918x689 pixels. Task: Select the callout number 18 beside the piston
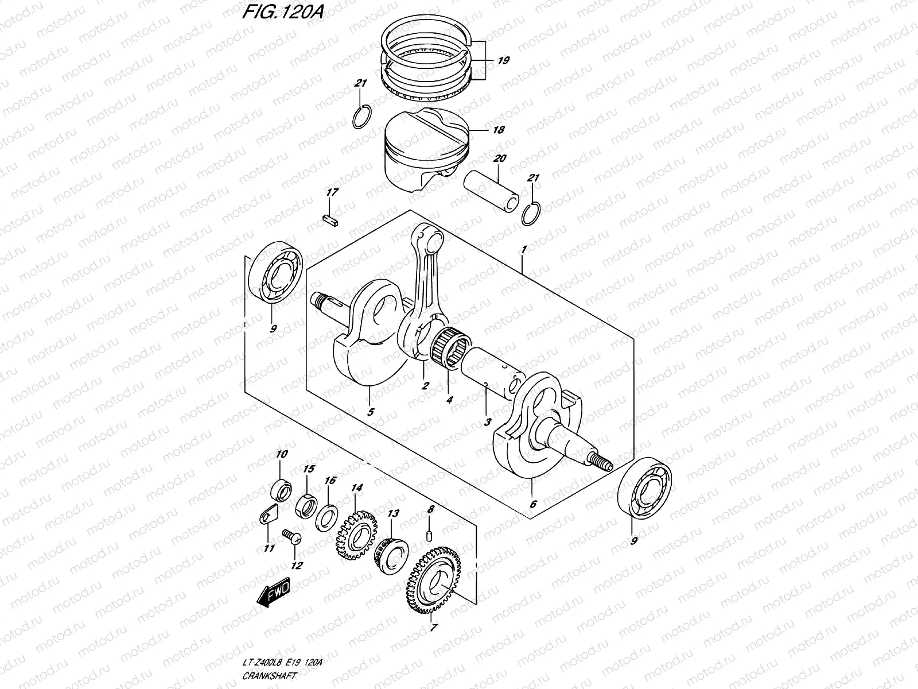pos(498,130)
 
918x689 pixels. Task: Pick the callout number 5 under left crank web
pos(371,412)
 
